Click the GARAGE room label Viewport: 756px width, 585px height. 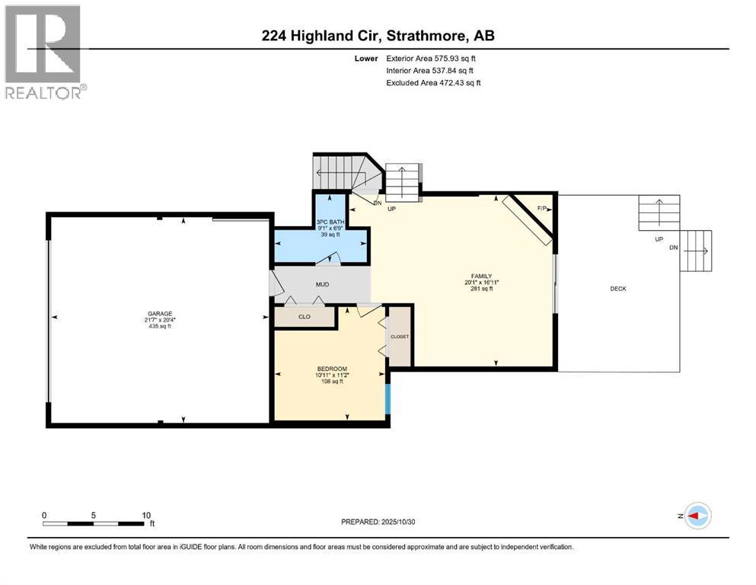pos(160,313)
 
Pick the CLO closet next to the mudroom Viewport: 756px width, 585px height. pos(304,317)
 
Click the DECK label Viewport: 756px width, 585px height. pos(618,288)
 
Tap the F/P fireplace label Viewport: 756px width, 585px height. pos(542,208)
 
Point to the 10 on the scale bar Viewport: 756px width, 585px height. pos(145,515)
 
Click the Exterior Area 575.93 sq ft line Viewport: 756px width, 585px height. pos(432,58)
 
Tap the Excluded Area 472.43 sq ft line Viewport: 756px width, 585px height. pos(433,82)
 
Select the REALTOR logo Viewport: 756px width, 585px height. pos(44,52)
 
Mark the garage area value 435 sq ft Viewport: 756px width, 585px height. pos(160,326)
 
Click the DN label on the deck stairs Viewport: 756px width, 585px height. pos(672,248)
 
